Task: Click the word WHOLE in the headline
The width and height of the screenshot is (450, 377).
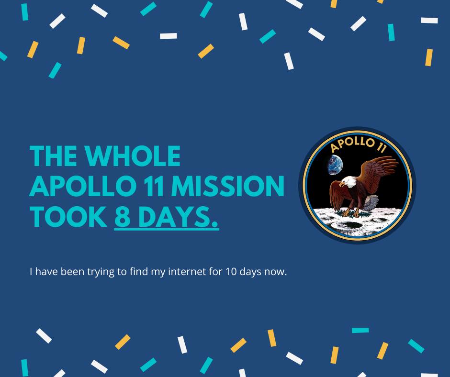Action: [133, 156]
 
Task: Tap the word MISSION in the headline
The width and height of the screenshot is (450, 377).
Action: [227, 186]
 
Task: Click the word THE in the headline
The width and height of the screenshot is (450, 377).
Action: [54, 156]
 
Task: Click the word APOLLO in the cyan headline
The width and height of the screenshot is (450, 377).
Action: [83, 186]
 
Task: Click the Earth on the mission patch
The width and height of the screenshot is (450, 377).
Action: [335, 165]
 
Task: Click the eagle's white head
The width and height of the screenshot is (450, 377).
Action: [348, 182]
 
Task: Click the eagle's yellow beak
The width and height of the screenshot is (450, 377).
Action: [342, 184]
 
